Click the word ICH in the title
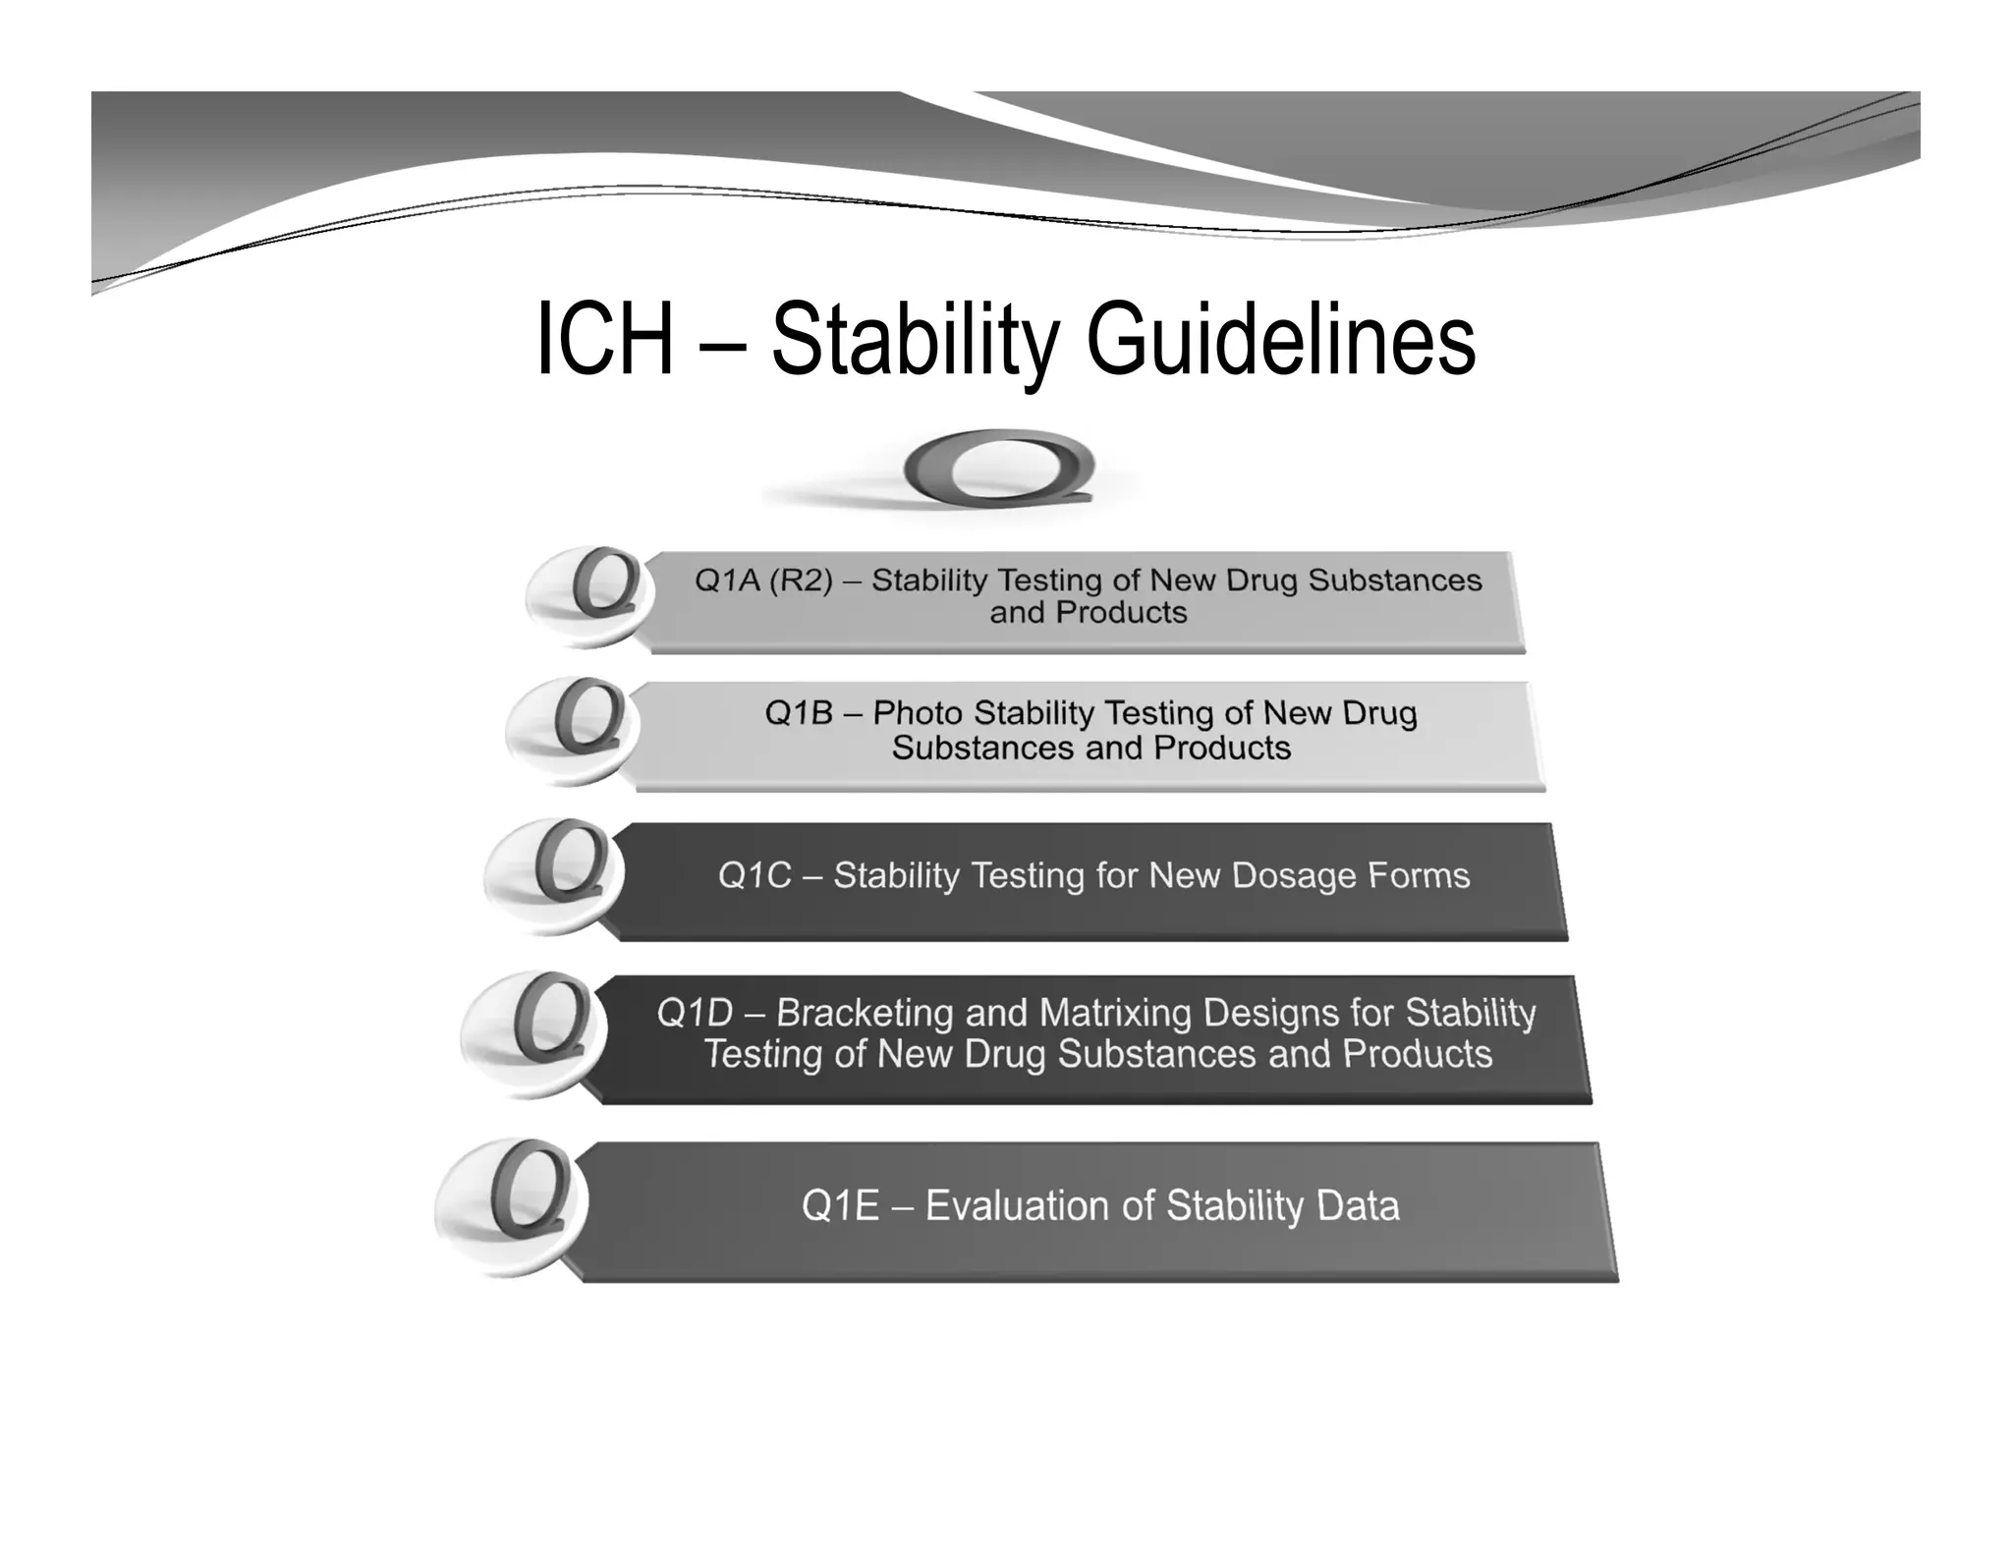[605, 340]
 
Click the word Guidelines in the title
[1280, 340]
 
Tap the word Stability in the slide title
[914, 340]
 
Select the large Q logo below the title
[998, 469]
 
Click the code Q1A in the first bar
[727, 581]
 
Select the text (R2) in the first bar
[800, 581]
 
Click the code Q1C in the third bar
[754, 875]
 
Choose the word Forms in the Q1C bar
[1419, 875]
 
